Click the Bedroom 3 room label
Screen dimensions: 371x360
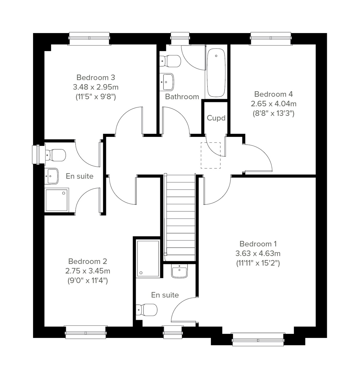(x=95, y=77)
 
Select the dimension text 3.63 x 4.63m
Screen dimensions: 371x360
(x=258, y=253)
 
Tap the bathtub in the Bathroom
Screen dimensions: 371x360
(x=216, y=72)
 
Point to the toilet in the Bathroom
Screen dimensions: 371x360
(x=171, y=61)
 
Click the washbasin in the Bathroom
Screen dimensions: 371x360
(x=167, y=81)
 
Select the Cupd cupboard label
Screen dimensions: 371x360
(x=216, y=118)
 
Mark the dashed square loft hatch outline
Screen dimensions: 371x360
(x=211, y=155)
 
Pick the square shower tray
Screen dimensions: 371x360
(x=57, y=200)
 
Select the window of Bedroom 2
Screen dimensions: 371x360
(x=86, y=332)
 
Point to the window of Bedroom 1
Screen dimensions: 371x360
(x=258, y=339)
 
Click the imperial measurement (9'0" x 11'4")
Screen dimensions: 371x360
(x=88, y=281)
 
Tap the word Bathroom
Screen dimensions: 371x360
(x=182, y=97)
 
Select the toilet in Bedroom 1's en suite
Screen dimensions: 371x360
(x=147, y=309)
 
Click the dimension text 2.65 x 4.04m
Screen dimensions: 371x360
(x=273, y=104)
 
